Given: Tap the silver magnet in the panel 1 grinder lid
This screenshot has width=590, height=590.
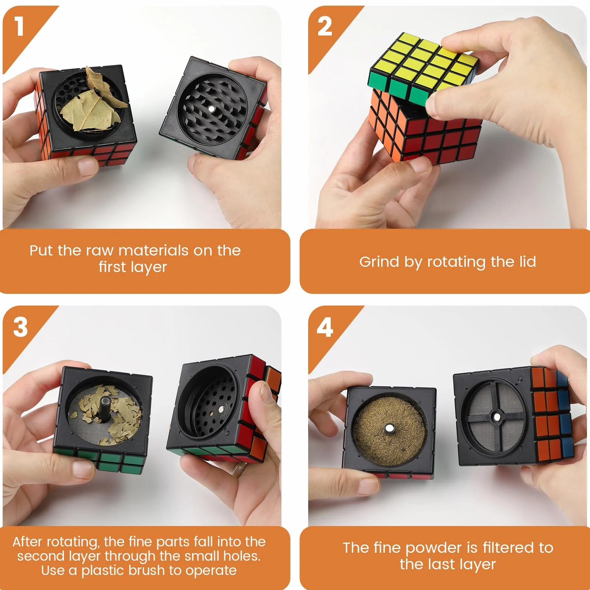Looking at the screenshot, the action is coord(211,109).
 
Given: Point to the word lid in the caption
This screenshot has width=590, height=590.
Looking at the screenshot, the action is coord(527,261).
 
